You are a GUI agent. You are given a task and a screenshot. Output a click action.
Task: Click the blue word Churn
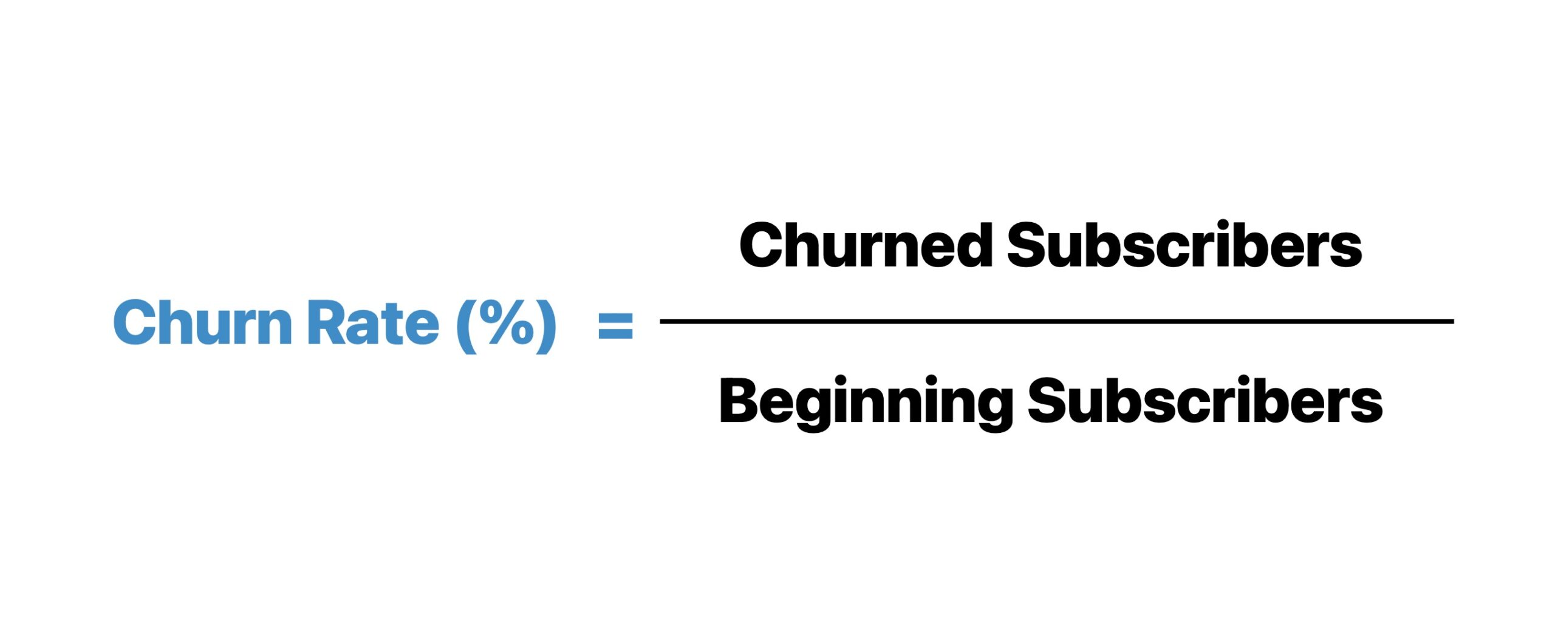[202, 322]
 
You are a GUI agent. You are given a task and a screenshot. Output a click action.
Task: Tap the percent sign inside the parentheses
[507, 322]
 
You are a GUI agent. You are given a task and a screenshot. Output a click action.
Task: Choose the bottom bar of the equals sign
[615, 334]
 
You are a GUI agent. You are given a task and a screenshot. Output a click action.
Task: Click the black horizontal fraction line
[1056, 321]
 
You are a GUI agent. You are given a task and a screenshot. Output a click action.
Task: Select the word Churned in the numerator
[866, 245]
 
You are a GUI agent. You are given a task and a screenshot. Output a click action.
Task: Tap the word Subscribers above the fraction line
[1184, 245]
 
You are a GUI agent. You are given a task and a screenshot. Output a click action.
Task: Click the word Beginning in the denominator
[865, 402]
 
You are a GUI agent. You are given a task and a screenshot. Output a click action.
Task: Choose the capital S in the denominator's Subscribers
[1051, 401]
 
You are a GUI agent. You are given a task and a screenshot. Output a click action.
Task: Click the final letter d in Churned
[972, 245]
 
